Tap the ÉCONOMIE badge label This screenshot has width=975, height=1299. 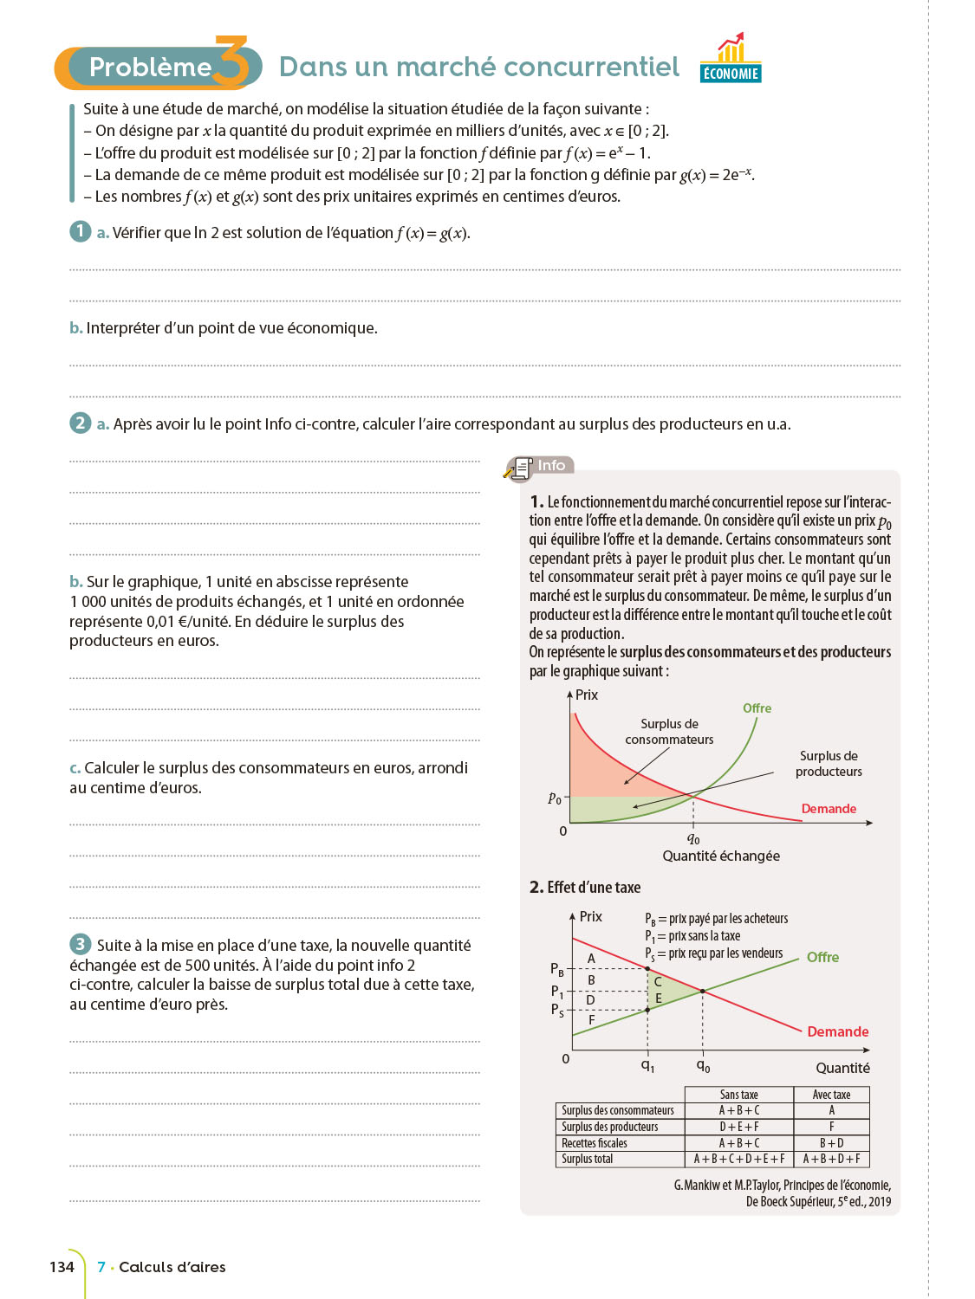(x=731, y=74)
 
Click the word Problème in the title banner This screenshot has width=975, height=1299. (x=150, y=68)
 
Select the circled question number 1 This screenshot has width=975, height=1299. (x=81, y=231)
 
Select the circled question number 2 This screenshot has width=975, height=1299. (x=81, y=423)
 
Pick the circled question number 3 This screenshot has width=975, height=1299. (x=81, y=944)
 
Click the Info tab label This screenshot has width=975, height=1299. (x=551, y=466)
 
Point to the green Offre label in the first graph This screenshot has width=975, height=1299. (x=757, y=708)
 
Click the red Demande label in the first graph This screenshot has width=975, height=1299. (x=829, y=809)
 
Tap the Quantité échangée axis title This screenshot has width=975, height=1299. (x=721, y=856)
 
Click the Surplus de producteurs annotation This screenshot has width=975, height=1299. (x=829, y=764)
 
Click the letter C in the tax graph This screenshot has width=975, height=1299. (x=658, y=982)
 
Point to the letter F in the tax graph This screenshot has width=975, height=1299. (x=592, y=1020)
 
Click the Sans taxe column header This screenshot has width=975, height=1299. (x=739, y=1095)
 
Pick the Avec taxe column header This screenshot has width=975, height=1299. (x=831, y=1095)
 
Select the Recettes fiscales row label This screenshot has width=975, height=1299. (x=595, y=1143)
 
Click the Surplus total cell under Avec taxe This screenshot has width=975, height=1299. (x=831, y=1159)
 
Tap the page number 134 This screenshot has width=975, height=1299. (x=62, y=1267)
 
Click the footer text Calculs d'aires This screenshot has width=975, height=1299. (x=172, y=1267)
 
